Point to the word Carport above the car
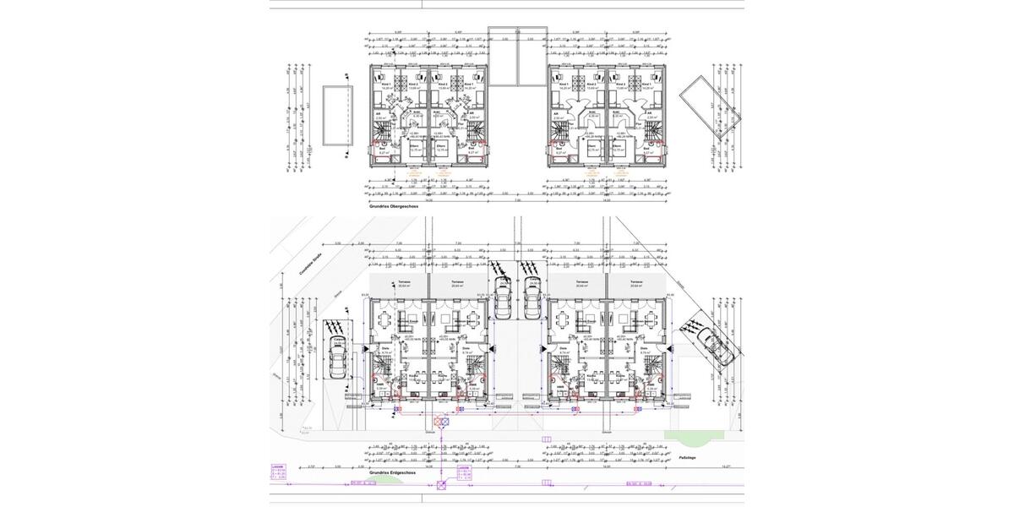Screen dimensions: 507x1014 click(x=339, y=339)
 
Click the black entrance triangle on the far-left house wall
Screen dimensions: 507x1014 click(x=366, y=347)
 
